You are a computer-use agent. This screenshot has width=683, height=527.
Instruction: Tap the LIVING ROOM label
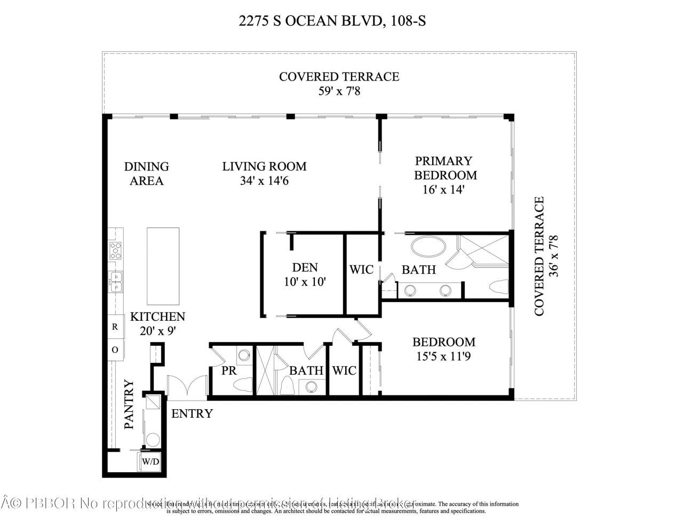pyautogui.click(x=264, y=166)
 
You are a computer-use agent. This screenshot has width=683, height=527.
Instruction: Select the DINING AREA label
pyautogui.click(x=146, y=174)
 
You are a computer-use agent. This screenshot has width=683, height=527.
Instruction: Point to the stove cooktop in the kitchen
pyautogui.click(x=115, y=250)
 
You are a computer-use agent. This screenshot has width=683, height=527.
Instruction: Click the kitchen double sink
pyautogui.click(x=115, y=282)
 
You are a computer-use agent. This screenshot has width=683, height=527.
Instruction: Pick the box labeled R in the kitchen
pyautogui.click(x=115, y=327)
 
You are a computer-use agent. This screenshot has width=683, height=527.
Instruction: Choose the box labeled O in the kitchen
pyautogui.click(x=115, y=350)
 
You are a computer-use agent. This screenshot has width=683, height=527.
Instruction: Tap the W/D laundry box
pyautogui.click(x=150, y=461)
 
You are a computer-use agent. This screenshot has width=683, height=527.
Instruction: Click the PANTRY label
pyautogui.click(x=129, y=404)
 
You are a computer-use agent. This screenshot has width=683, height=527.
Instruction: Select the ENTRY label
pyautogui.click(x=192, y=414)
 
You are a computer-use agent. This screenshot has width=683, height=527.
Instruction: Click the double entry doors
pyautogui.click(x=187, y=386)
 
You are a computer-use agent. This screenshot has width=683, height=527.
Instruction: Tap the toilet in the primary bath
pyautogui.click(x=498, y=287)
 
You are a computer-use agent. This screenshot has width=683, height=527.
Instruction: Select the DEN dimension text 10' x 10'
pyautogui.click(x=305, y=282)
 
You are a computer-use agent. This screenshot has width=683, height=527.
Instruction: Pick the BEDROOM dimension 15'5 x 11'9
pyautogui.click(x=443, y=356)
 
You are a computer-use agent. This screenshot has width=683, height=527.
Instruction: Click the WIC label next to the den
pyautogui.click(x=361, y=269)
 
